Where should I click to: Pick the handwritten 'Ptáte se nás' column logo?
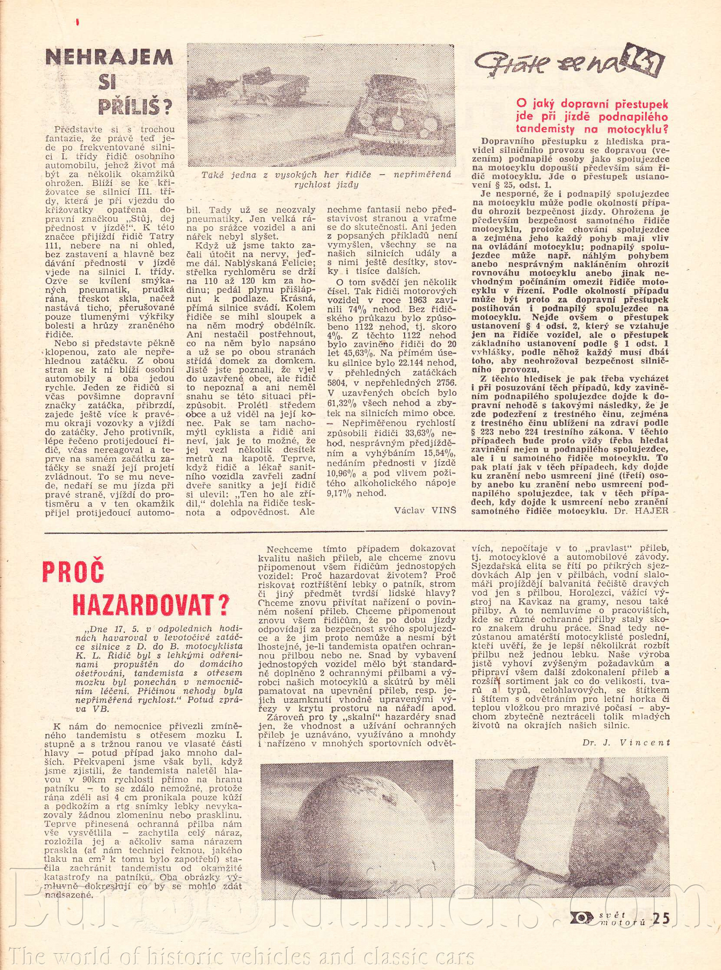point(567,65)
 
